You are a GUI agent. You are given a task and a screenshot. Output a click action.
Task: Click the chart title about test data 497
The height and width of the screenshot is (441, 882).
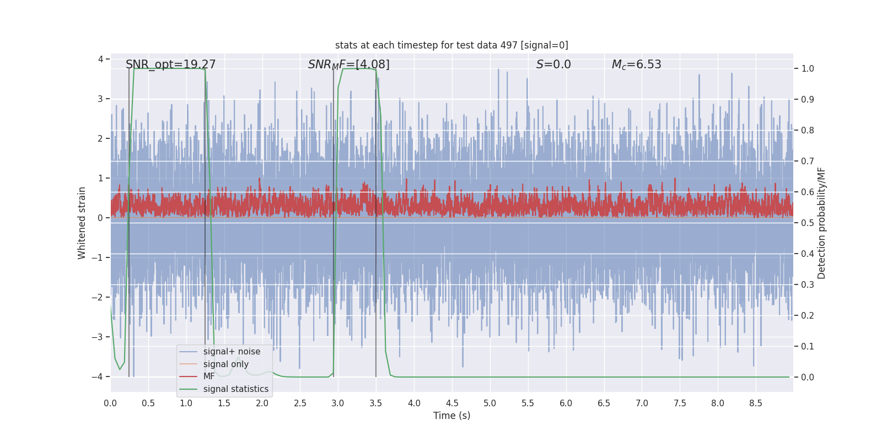(x=451, y=45)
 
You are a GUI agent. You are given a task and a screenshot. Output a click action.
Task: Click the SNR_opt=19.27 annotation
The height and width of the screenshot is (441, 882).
(x=171, y=64)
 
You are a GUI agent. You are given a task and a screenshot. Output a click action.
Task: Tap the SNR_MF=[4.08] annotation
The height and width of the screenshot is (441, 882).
(x=349, y=64)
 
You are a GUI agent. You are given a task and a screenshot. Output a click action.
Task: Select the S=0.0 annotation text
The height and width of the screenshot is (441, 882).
(x=553, y=64)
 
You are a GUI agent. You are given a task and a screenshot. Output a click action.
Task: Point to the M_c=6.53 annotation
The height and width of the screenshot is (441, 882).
(x=636, y=64)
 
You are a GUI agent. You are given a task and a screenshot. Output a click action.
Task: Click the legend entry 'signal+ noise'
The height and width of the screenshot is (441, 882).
(x=232, y=352)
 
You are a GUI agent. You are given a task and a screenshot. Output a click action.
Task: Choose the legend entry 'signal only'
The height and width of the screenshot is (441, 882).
(x=226, y=364)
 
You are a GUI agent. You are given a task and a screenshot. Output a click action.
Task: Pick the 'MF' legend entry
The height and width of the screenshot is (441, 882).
(x=209, y=377)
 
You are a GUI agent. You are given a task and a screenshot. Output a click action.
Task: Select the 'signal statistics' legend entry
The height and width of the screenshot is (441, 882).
(x=236, y=389)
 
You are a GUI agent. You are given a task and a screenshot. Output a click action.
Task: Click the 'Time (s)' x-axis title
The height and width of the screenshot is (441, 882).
(x=451, y=416)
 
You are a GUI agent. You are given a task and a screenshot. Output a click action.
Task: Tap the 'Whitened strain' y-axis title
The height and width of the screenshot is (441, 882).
(x=82, y=223)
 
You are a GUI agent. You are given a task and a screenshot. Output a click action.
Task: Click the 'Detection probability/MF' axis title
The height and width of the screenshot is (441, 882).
(x=822, y=223)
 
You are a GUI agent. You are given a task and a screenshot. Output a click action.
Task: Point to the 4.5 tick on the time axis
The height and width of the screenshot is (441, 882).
(x=452, y=404)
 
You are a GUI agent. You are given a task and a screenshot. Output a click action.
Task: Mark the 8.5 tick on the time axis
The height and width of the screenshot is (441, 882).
(x=756, y=404)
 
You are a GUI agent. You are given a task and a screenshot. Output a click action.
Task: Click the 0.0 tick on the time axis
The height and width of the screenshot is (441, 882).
(x=110, y=404)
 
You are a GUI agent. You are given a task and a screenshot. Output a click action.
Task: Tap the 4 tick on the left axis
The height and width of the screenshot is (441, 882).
(x=100, y=59)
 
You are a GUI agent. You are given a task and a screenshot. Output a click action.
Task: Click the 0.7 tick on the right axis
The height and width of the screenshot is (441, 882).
(x=808, y=162)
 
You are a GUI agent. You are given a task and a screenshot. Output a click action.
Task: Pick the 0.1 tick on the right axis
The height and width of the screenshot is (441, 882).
(x=808, y=347)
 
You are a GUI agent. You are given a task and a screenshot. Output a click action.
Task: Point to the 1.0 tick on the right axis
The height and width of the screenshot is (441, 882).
(x=808, y=69)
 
